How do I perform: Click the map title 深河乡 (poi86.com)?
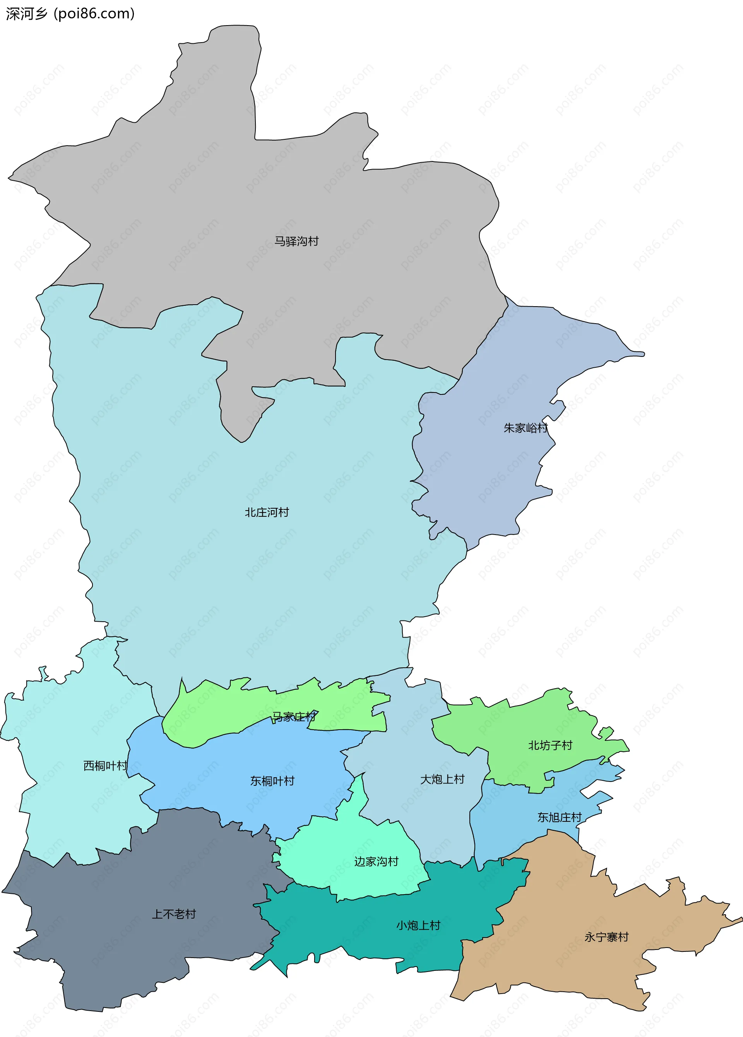pyautogui.click(x=70, y=14)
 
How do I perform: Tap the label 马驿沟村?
pyautogui.click(x=296, y=241)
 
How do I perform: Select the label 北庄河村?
pyautogui.click(x=267, y=512)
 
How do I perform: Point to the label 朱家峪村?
pyautogui.click(x=526, y=428)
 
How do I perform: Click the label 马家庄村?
pyautogui.click(x=294, y=716)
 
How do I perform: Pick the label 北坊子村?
pyautogui.click(x=550, y=745)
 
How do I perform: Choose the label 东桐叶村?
pyautogui.click(x=272, y=781)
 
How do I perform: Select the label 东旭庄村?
pyautogui.click(x=559, y=817)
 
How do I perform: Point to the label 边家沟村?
pyautogui.click(x=376, y=861)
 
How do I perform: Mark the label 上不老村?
pyautogui.click(x=174, y=914)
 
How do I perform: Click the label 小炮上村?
pyautogui.click(x=418, y=926)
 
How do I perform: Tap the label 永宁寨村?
pyautogui.click(x=606, y=937)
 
